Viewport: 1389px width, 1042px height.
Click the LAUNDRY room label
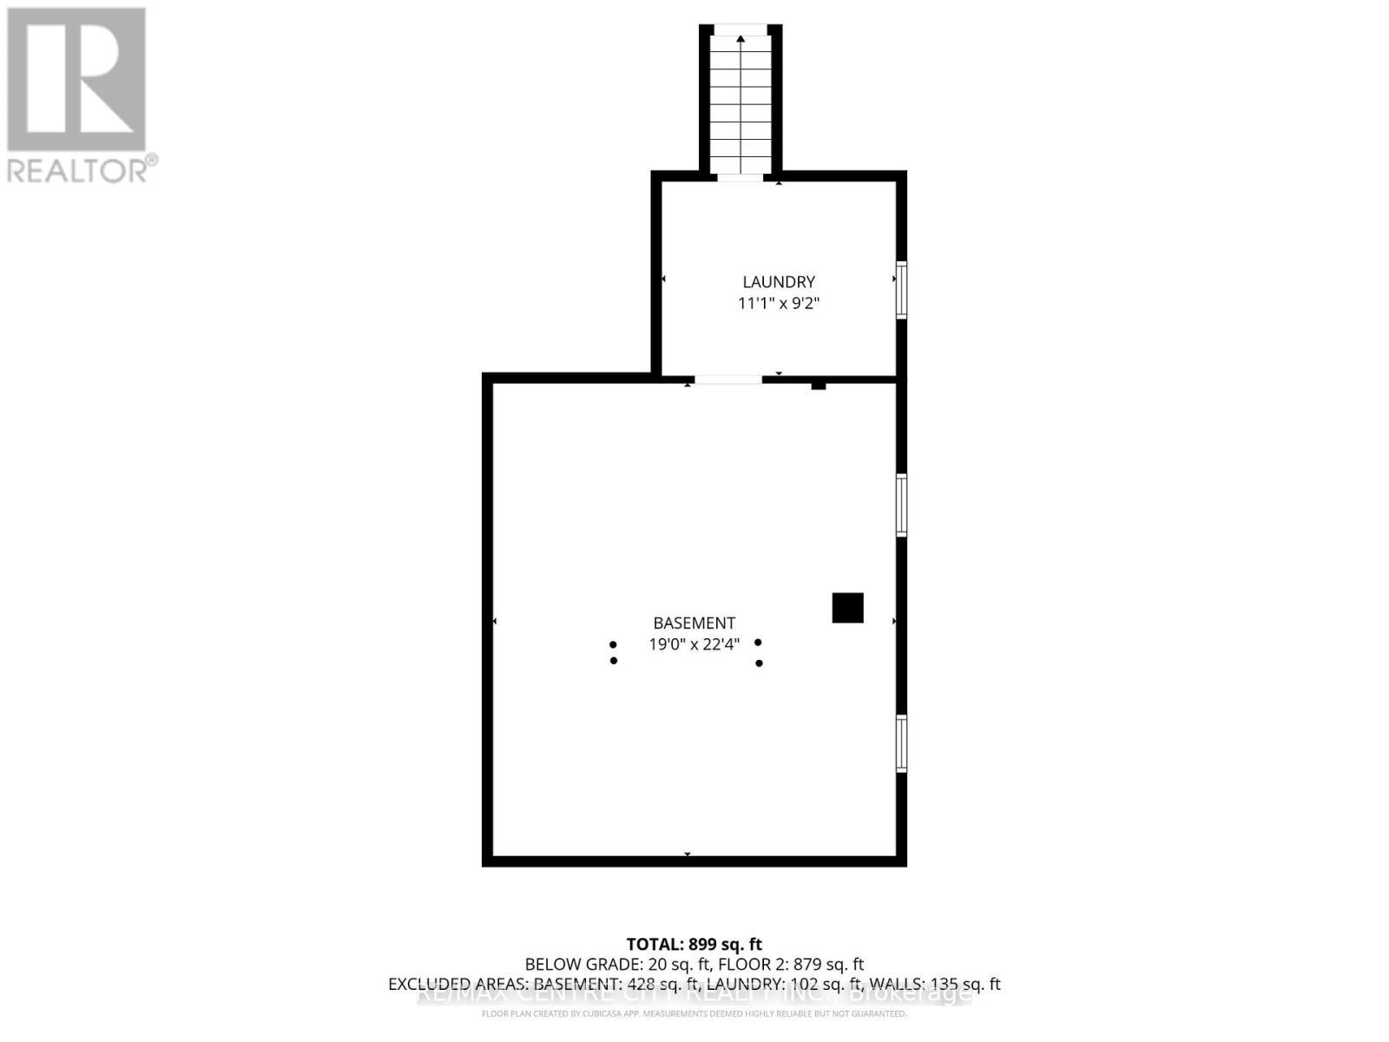tap(779, 281)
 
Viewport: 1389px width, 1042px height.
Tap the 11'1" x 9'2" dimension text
tap(779, 303)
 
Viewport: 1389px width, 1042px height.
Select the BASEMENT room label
tap(694, 623)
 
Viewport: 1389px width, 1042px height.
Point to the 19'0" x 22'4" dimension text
tap(694, 644)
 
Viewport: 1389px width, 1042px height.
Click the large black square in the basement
tap(847, 608)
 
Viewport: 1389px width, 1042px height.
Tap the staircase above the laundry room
tap(741, 104)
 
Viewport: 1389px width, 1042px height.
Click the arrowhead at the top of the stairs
tap(741, 38)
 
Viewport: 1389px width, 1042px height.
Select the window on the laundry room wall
tap(901, 290)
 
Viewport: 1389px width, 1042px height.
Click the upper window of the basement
tap(901, 505)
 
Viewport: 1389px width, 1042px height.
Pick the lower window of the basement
tap(901, 743)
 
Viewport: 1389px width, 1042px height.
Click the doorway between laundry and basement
tap(728, 379)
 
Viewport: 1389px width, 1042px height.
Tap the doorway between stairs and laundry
tap(740, 177)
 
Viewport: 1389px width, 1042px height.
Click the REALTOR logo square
tap(76, 79)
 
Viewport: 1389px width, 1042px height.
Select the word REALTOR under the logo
tap(78, 169)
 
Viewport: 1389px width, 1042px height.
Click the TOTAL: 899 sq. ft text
tap(694, 944)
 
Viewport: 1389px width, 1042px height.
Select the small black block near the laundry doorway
tap(818, 386)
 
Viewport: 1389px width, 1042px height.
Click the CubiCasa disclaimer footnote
tap(694, 1013)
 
